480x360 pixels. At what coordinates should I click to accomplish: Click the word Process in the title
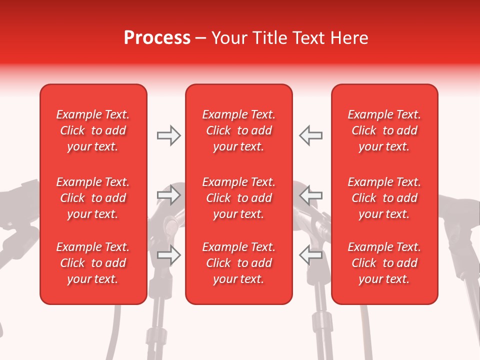tap(157, 38)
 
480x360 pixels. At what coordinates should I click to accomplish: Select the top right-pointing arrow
tap(168, 135)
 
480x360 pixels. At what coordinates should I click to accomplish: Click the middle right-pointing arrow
tap(168, 195)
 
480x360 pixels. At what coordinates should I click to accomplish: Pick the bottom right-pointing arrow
tap(168, 255)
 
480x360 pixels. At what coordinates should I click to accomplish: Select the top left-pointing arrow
tap(310, 135)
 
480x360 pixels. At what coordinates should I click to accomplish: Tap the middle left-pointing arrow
tap(310, 195)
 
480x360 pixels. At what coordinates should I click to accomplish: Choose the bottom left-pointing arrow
tap(310, 255)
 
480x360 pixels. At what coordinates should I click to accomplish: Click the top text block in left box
tap(93, 130)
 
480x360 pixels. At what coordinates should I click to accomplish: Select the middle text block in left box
tap(93, 198)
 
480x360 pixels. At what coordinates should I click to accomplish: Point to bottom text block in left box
tap(93, 263)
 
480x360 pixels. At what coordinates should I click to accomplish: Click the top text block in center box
tap(239, 130)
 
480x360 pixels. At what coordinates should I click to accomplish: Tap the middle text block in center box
tap(239, 198)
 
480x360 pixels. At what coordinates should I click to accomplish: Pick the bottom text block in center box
tap(239, 263)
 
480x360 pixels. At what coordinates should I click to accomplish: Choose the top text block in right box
tap(384, 130)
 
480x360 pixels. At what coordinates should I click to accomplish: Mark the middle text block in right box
tap(384, 198)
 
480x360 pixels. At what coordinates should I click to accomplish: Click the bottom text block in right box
tap(384, 263)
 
